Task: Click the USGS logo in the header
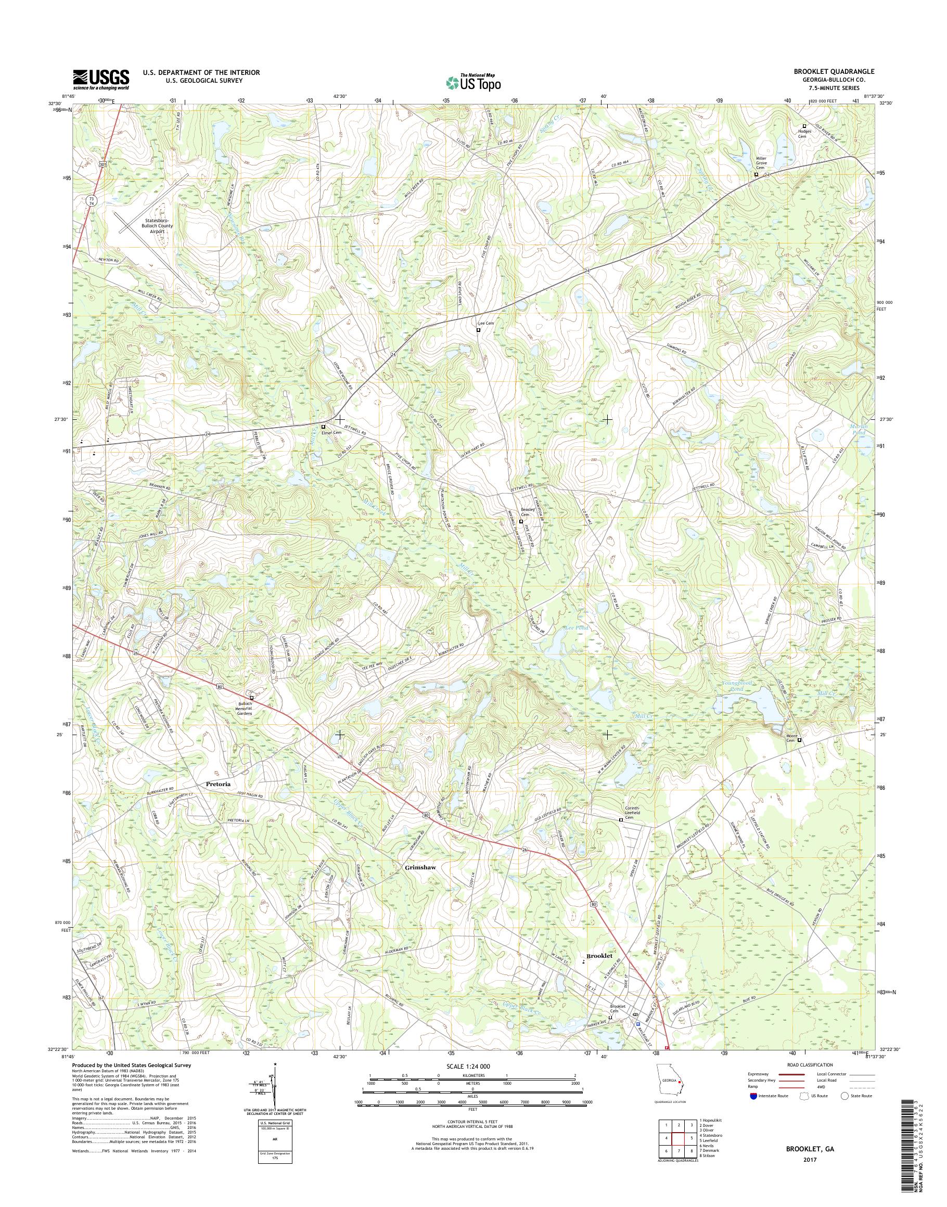pos(101,79)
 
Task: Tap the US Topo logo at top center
pos(473,82)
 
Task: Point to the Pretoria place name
pos(218,784)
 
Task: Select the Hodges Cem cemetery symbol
pos(804,126)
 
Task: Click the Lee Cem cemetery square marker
pos(479,330)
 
